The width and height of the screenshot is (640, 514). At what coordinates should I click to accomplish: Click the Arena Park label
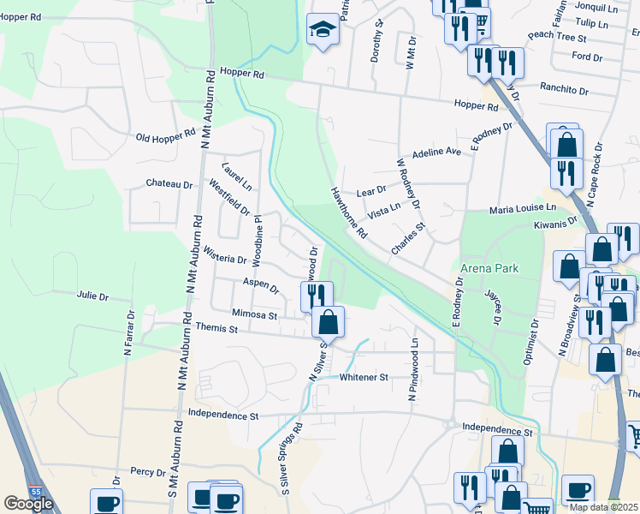[x=489, y=268]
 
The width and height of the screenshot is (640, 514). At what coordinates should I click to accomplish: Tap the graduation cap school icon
[x=323, y=31]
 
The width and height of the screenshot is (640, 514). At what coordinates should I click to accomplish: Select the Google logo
[x=28, y=504]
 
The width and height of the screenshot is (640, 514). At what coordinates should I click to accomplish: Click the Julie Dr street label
[x=92, y=297]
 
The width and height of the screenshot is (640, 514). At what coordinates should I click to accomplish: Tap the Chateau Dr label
[x=169, y=183]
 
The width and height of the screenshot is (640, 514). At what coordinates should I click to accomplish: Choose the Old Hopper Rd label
[x=166, y=137]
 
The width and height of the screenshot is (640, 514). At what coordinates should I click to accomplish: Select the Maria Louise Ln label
[x=522, y=208]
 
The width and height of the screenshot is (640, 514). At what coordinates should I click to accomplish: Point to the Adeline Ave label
[x=436, y=153]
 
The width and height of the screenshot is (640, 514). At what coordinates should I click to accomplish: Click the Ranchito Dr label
[x=565, y=90]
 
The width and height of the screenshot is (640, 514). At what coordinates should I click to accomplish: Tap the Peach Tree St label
[x=557, y=38]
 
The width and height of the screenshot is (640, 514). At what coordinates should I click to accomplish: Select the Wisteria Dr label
[x=225, y=254]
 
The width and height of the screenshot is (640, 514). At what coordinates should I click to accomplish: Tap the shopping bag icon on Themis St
[x=328, y=322]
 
